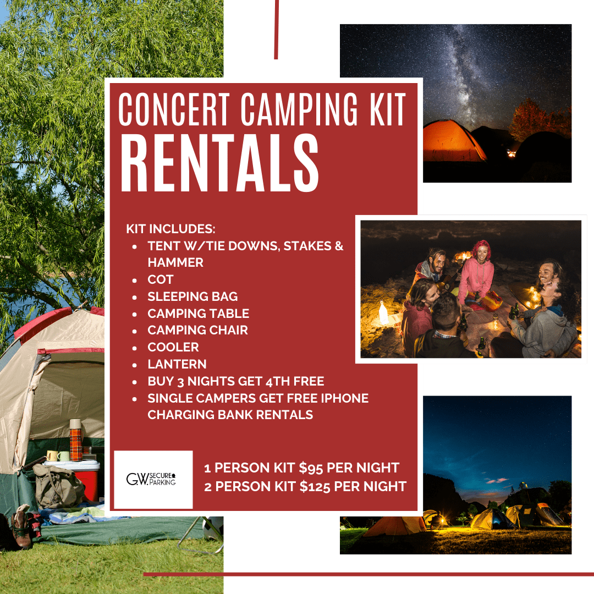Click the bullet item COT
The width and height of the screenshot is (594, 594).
pyautogui.click(x=161, y=279)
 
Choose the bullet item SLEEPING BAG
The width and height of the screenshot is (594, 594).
pyautogui.click(x=193, y=296)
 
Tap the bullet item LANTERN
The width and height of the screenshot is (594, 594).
pyautogui.click(x=177, y=364)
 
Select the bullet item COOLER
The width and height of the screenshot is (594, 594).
pyautogui.click(x=173, y=347)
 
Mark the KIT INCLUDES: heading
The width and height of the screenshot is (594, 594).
pyautogui.click(x=170, y=228)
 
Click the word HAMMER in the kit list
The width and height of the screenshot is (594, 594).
pyautogui.click(x=175, y=262)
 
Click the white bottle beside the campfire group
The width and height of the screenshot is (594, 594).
pyautogui.click(x=383, y=313)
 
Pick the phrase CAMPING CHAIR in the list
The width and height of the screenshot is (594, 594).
pyautogui.click(x=197, y=330)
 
